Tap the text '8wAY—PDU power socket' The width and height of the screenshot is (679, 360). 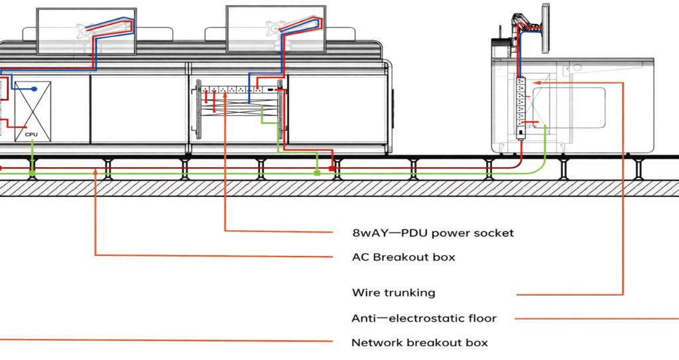[433, 233]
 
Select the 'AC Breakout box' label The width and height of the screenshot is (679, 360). [404, 257]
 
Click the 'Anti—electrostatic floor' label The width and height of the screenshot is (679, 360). [424, 318]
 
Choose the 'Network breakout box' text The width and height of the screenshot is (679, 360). [420, 343]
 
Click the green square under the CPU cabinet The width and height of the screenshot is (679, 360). [32, 173]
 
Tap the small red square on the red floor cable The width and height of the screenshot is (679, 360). [333, 168]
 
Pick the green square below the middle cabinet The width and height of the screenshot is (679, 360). [318, 173]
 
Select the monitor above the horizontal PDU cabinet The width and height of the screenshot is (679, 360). [276, 30]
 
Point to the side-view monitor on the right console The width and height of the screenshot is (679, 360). [546, 28]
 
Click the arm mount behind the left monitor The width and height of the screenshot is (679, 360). [86, 29]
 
